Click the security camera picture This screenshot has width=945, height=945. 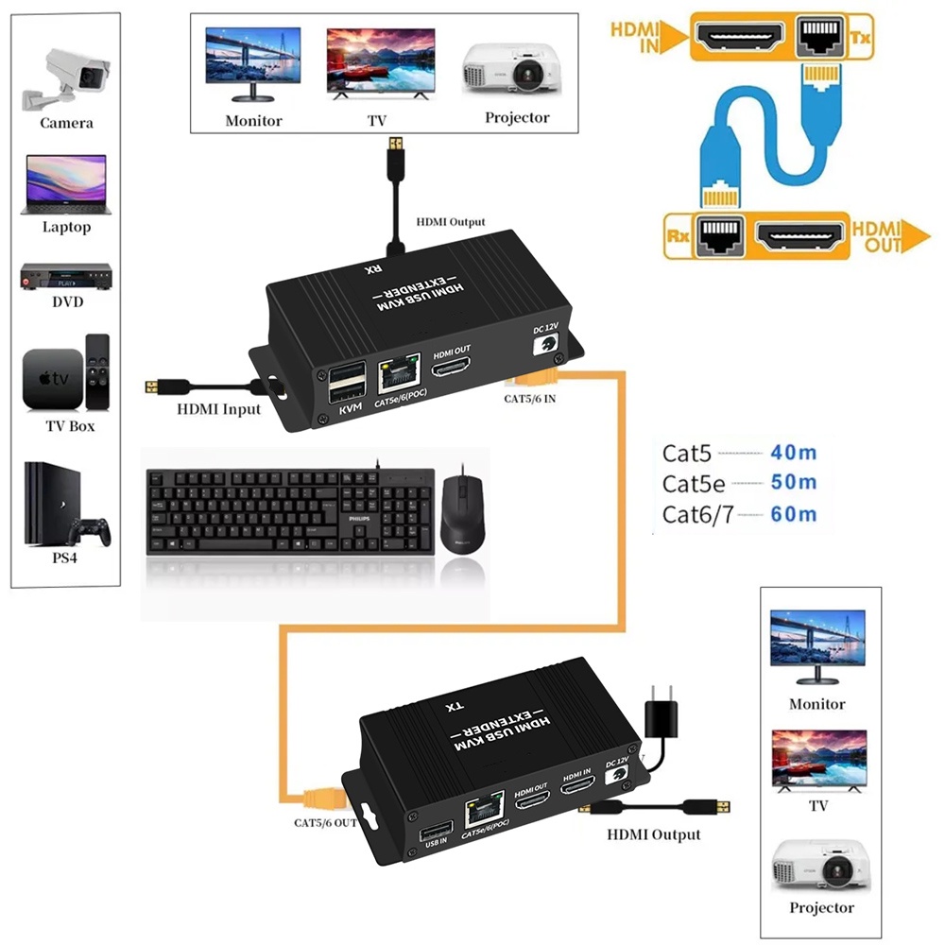(64, 75)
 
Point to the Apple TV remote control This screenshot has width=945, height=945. (96, 370)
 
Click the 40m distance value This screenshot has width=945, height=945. (793, 452)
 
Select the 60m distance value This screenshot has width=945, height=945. (793, 514)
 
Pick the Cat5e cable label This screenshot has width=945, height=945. (694, 484)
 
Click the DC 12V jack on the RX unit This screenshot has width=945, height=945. (544, 347)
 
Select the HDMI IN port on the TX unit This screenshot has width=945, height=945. (576, 796)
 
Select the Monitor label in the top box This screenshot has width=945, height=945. (253, 121)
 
